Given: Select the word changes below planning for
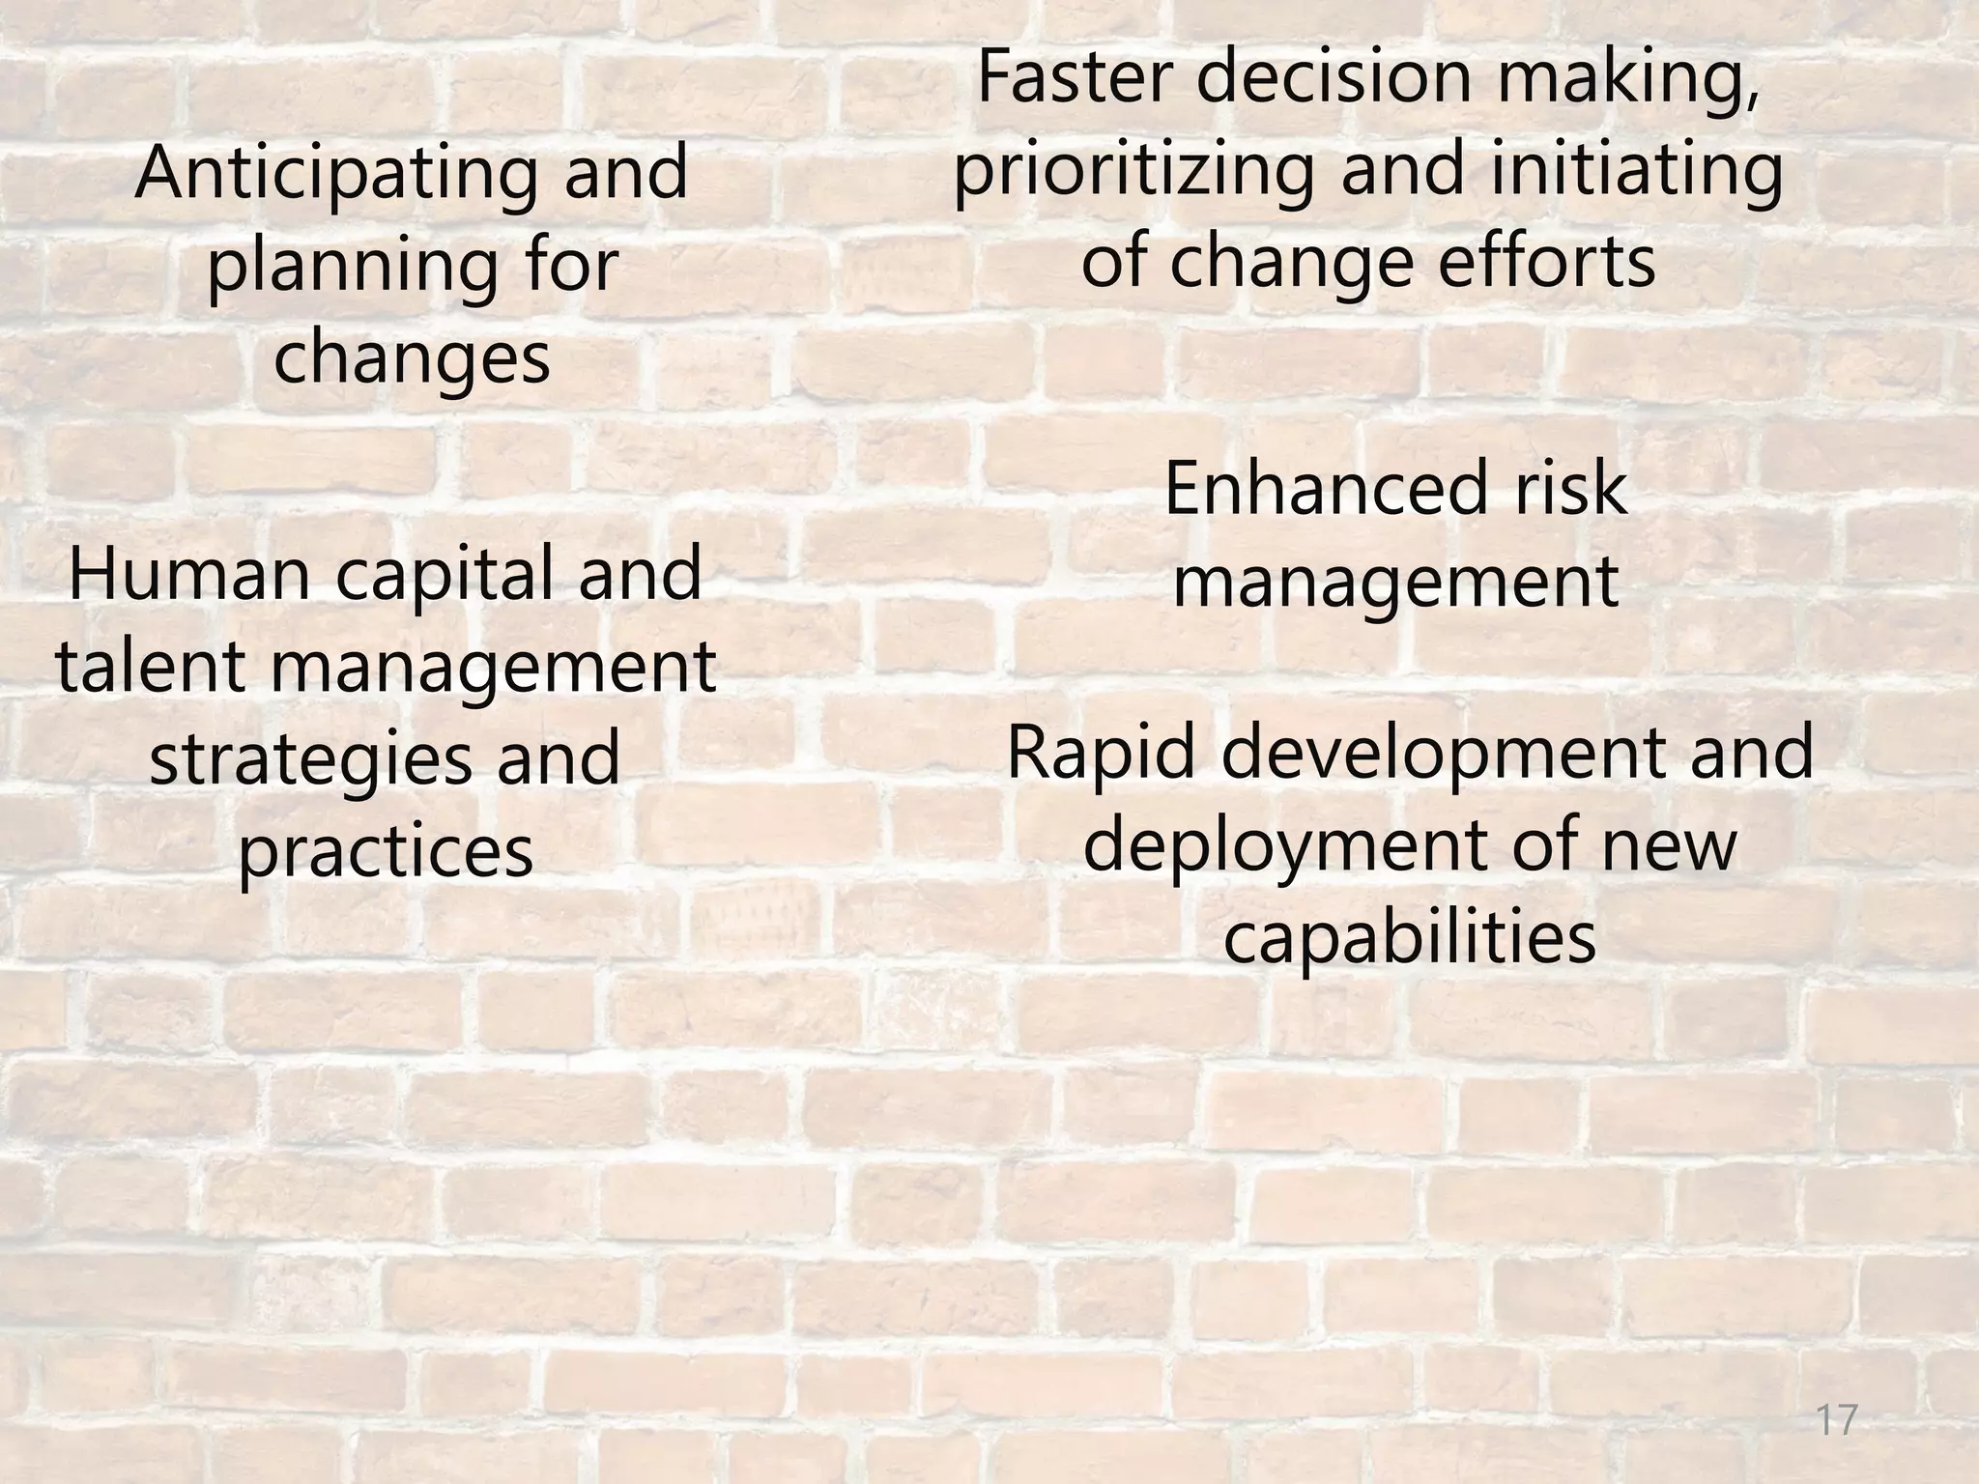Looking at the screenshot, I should [412, 357].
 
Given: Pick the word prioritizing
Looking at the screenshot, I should [1134, 172].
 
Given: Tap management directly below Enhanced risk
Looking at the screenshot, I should [1395, 584].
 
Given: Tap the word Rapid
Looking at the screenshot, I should [1103, 756].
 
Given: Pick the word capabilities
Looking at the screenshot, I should [1410, 939].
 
